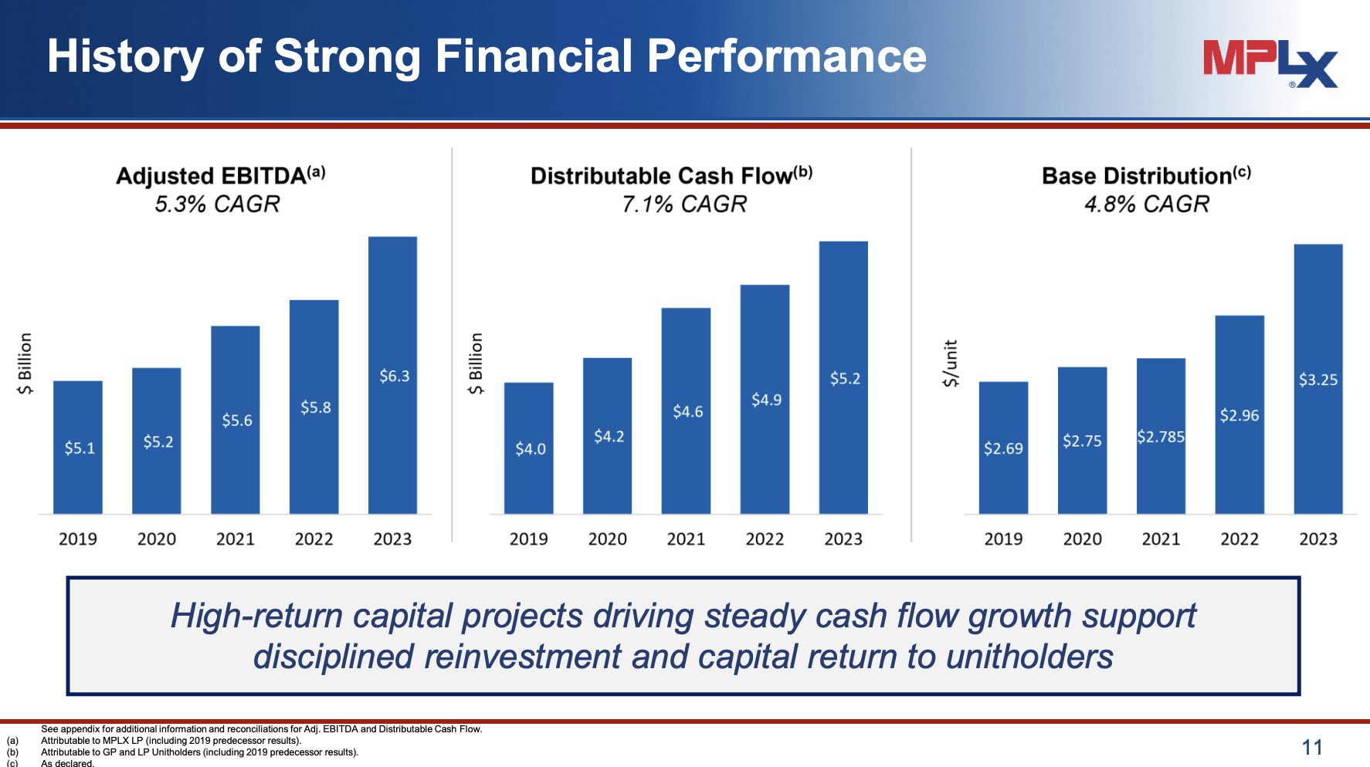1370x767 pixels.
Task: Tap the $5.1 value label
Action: pos(80,448)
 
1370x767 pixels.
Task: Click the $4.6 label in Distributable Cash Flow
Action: pos(687,412)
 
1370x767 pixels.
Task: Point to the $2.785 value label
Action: pos(1160,437)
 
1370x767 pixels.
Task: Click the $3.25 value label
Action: pos(1317,380)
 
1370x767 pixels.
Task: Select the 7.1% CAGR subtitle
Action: pos(684,204)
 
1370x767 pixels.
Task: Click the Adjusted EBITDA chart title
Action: pos(220,176)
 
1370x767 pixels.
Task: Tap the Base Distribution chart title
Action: pos(1145,176)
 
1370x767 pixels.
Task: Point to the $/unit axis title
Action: pos(951,363)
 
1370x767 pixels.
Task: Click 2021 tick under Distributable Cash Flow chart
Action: pos(686,539)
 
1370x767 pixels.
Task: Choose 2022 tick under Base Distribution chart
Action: pos(1239,539)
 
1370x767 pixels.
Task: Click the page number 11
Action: pos(1311,747)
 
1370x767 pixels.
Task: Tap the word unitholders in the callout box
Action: pos(1029,657)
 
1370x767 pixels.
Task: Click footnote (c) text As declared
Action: pos(67,763)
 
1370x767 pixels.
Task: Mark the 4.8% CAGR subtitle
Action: pos(1146,204)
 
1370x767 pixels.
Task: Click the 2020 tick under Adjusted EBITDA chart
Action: pos(157,539)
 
